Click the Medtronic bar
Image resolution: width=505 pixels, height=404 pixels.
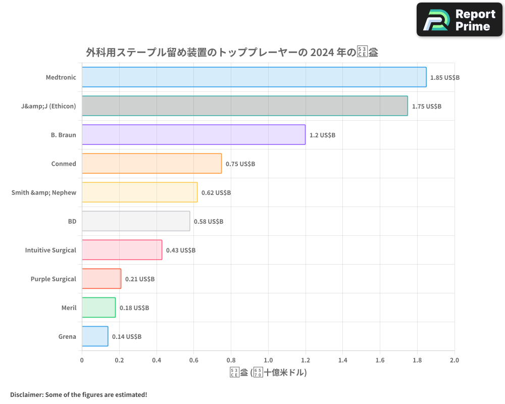(x=254, y=77)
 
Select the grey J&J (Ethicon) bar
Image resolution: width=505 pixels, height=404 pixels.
(x=244, y=106)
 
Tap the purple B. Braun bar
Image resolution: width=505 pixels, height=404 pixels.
(x=193, y=135)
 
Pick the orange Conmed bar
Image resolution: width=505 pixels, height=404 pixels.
(x=151, y=164)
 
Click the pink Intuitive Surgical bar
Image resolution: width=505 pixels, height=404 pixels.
(x=122, y=250)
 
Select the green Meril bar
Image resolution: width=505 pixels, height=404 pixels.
(x=98, y=308)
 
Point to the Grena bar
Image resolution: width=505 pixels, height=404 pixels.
(x=95, y=336)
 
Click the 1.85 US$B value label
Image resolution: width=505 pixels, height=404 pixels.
(x=445, y=78)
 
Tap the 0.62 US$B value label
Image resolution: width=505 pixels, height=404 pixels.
(x=216, y=193)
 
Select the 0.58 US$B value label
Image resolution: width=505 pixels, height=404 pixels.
(x=209, y=222)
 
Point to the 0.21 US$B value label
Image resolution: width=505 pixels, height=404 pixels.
(x=140, y=279)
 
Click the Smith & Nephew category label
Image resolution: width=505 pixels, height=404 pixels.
(x=44, y=192)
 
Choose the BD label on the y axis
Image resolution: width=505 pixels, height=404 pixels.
(x=72, y=221)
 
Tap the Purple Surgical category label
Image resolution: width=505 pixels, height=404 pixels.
(x=53, y=279)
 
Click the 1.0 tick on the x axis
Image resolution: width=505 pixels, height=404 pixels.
(x=268, y=361)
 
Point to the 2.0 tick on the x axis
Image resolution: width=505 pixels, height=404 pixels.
(x=454, y=361)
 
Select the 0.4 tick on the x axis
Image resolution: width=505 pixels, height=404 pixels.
(x=157, y=361)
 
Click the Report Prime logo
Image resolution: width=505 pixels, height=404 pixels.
(x=460, y=20)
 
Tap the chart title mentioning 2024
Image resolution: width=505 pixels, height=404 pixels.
(x=232, y=52)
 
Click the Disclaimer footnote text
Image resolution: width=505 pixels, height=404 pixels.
(x=78, y=394)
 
